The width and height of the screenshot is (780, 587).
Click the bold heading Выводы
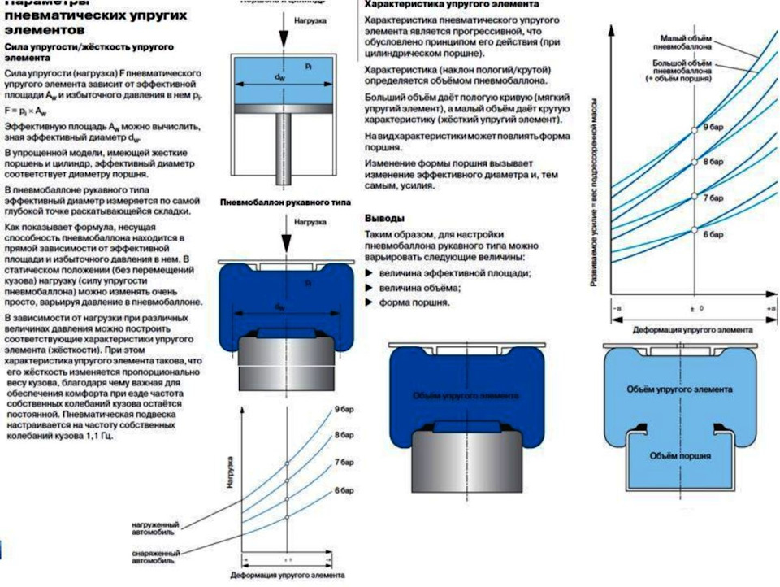tap(384, 219)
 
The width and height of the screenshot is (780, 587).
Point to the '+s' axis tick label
tap(770, 310)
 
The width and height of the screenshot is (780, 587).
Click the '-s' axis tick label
tap(619, 310)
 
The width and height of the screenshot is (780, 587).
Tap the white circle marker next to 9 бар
tap(694, 130)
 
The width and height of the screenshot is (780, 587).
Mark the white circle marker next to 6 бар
tap(694, 230)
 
